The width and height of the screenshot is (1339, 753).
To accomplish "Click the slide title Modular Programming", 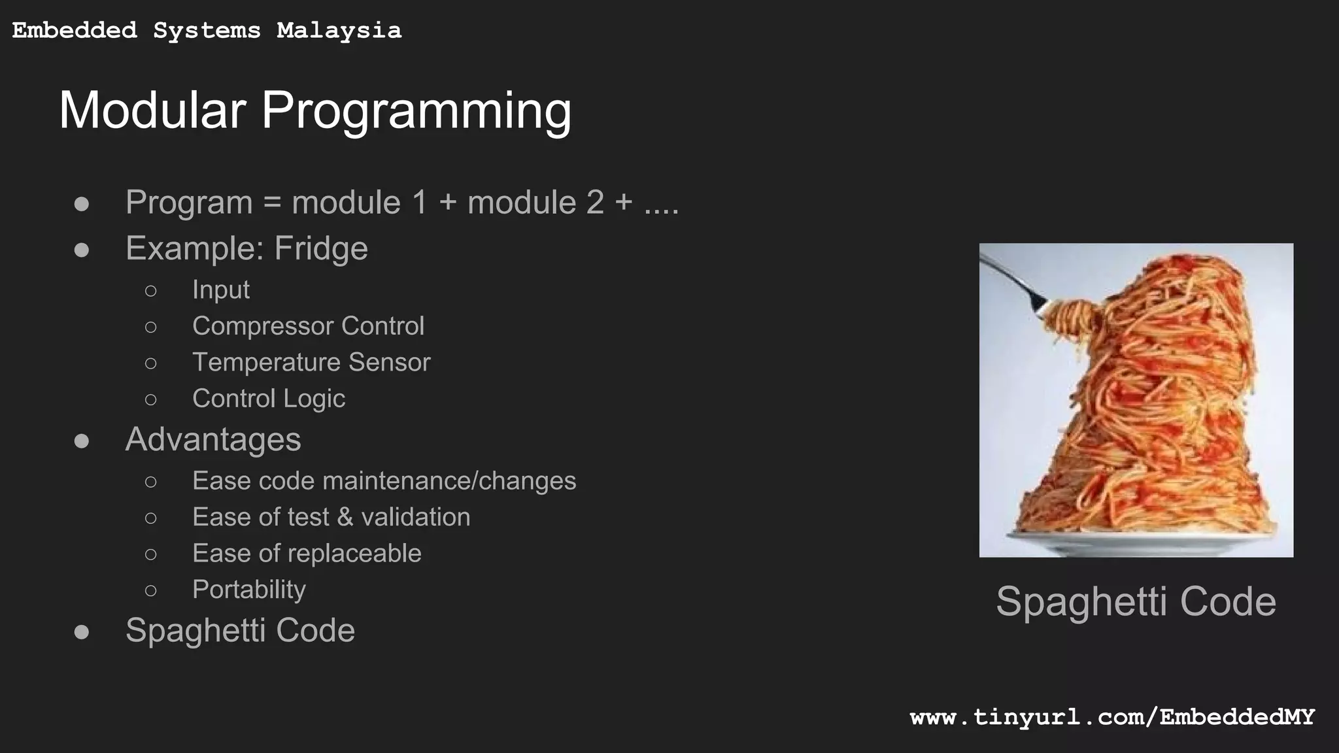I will point(315,110).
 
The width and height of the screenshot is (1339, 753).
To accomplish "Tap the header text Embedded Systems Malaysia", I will point(207,31).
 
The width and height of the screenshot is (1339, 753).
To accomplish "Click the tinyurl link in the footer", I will point(1111,717).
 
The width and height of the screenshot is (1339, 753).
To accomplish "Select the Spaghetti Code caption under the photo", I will point(1136,601).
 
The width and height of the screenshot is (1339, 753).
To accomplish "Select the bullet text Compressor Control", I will point(308,326).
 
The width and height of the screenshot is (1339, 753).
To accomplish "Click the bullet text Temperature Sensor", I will point(311,362).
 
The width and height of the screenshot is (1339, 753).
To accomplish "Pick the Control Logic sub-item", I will point(268,399).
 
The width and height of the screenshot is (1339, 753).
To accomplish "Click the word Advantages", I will point(213,439).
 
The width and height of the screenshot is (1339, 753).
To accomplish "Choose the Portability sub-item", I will point(248,590).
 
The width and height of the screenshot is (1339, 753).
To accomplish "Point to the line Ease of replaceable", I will point(307,554).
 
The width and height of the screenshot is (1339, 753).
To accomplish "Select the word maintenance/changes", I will point(449,481).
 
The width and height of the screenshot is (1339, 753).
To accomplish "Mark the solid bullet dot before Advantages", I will point(82,441).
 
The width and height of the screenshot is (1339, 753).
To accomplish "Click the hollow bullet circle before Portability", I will point(151,591).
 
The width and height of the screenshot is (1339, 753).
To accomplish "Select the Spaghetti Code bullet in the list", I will point(240,631).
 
